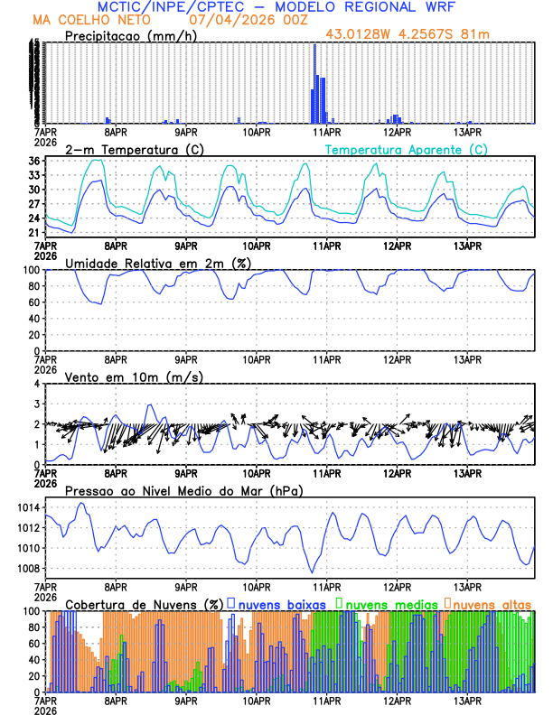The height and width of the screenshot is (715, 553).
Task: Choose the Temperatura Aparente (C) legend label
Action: point(406,149)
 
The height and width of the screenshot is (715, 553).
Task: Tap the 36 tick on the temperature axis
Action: point(34,161)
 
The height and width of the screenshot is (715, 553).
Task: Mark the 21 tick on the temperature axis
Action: point(34,233)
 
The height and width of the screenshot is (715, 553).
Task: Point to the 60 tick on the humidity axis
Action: point(34,302)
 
